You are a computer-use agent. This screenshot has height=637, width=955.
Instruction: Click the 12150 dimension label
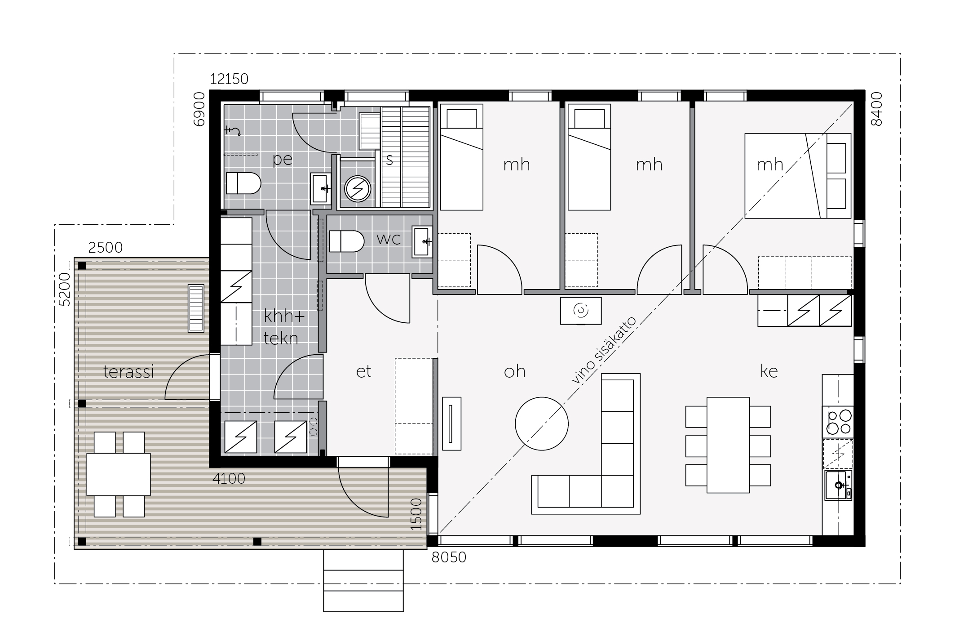point(229,79)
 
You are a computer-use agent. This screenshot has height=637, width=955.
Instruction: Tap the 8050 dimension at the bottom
point(449,557)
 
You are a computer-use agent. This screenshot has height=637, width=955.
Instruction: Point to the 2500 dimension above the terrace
point(105,248)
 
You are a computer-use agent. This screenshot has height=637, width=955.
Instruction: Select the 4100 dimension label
point(229,479)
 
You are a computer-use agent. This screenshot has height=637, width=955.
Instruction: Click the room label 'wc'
point(389,239)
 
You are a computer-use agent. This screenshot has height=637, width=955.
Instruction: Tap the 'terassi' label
point(129,372)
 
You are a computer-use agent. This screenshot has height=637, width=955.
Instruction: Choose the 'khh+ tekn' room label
point(283,327)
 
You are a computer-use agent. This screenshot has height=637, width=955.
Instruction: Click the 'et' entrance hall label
point(363,371)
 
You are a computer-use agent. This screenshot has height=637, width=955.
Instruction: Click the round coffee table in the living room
point(542,423)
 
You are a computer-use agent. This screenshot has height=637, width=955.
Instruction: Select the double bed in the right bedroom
point(798,176)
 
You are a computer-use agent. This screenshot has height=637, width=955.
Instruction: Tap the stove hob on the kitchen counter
point(838,422)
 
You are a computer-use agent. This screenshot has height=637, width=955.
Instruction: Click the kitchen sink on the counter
point(838,485)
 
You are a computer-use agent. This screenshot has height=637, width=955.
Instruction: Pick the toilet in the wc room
point(346,241)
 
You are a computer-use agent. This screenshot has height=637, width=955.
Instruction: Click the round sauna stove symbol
point(358,189)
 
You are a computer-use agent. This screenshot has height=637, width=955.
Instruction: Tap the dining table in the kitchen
point(728,445)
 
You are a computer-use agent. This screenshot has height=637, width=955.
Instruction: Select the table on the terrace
point(119,474)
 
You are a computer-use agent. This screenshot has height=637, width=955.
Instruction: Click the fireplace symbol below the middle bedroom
point(581,311)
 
